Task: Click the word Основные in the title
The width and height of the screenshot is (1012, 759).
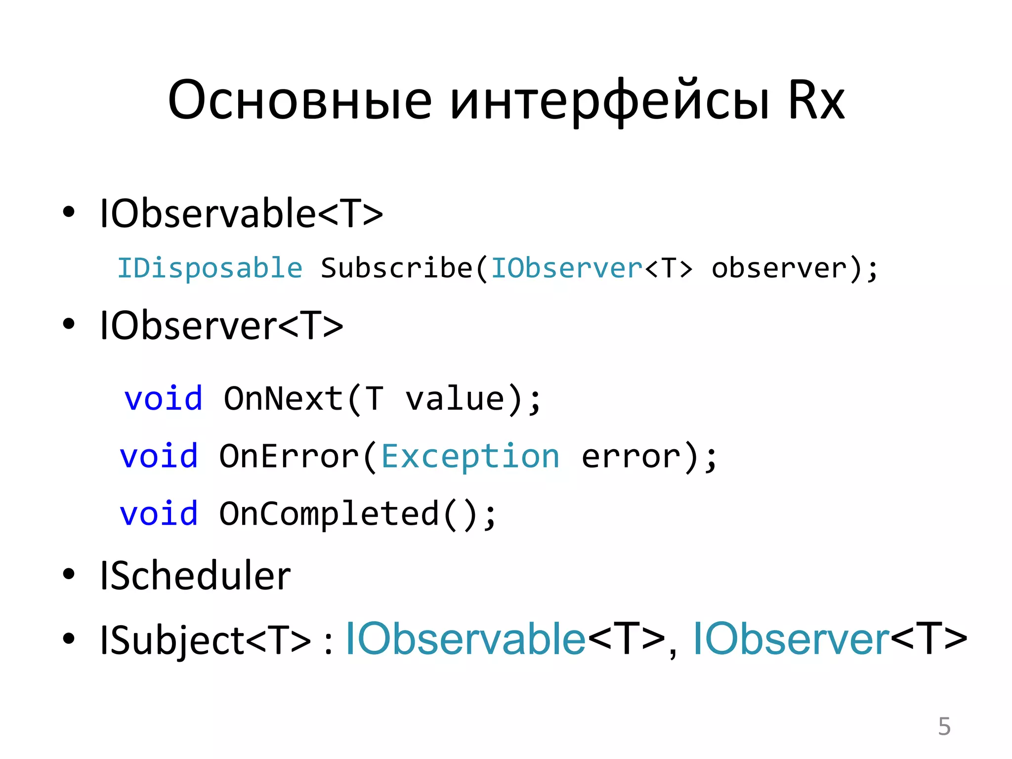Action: click(x=299, y=101)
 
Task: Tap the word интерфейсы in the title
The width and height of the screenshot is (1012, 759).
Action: click(x=609, y=101)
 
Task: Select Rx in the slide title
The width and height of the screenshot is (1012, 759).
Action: click(x=816, y=101)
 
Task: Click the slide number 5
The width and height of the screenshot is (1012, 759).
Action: click(x=944, y=726)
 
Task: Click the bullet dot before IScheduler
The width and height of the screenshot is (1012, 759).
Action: click(x=69, y=574)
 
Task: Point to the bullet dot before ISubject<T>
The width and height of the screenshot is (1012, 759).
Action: click(x=69, y=638)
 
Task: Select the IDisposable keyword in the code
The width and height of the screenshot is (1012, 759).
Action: click(x=210, y=268)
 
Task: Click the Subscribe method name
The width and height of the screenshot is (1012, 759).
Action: click(x=396, y=268)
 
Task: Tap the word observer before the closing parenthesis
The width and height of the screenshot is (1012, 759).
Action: click(x=779, y=268)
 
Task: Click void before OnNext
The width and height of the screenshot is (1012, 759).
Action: click(x=163, y=398)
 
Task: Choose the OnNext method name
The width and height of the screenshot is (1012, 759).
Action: click(x=283, y=398)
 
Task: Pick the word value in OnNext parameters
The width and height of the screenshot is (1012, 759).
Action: click(x=455, y=398)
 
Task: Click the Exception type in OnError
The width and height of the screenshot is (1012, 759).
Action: click(x=470, y=456)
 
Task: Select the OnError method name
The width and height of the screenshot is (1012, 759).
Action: click(x=289, y=456)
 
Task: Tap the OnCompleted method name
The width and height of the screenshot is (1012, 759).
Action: click(x=329, y=514)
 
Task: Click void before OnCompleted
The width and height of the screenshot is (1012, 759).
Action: click(x=159, y=514)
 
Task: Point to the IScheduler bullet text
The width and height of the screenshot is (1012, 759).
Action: click(x=195, y=576)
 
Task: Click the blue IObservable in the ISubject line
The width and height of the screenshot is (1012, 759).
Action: click(x=465, y=639)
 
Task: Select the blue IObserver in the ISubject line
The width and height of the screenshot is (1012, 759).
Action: click(x=791, y=639)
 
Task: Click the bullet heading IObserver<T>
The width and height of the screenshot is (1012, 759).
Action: click(x=221, y=326)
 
